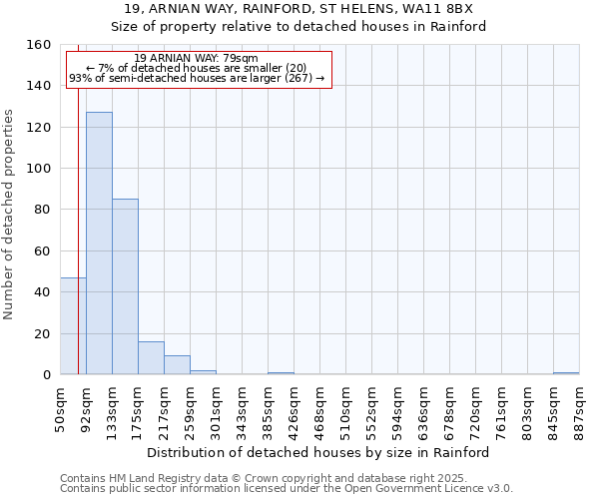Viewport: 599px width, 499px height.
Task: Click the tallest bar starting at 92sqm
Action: click(99, 244)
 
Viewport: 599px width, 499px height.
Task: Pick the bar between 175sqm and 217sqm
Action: click(151, 358)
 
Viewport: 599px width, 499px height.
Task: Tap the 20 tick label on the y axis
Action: click(42, 333)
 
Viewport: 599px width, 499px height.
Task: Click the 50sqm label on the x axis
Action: click(61, 408)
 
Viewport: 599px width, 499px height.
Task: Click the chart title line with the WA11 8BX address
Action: click(299, 8)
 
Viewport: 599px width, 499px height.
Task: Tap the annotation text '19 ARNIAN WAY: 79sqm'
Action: click(196, 58)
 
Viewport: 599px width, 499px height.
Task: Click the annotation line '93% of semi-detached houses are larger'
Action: click(197, 78)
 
